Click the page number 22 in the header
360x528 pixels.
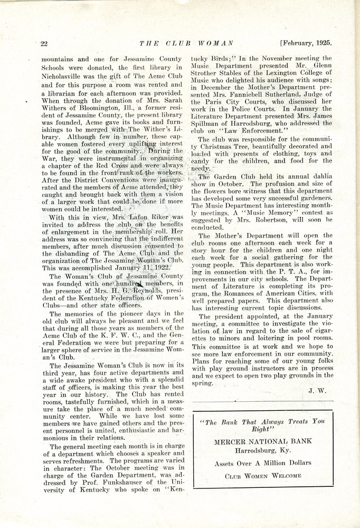click(x=44, y=43)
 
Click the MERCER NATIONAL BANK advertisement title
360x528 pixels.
click(x=262, y=441)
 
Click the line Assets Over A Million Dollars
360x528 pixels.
click(x=262, y=463)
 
